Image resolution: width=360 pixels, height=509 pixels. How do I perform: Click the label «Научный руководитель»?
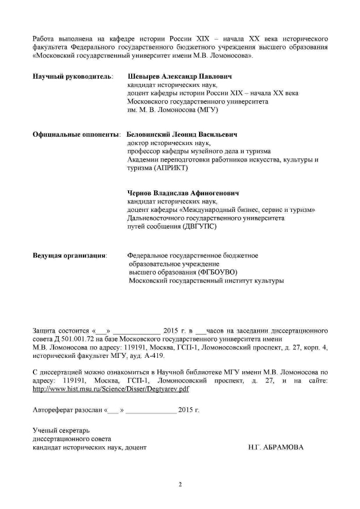(x=72, y=77)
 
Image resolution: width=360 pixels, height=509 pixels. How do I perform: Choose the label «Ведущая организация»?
(x=69, y=256)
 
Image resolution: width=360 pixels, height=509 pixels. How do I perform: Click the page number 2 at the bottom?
(x=180, y=484)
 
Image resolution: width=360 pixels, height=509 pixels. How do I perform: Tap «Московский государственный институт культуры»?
(x=206, y=281)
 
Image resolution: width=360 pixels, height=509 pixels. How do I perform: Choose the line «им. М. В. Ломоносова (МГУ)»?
(x=173, y=110)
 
